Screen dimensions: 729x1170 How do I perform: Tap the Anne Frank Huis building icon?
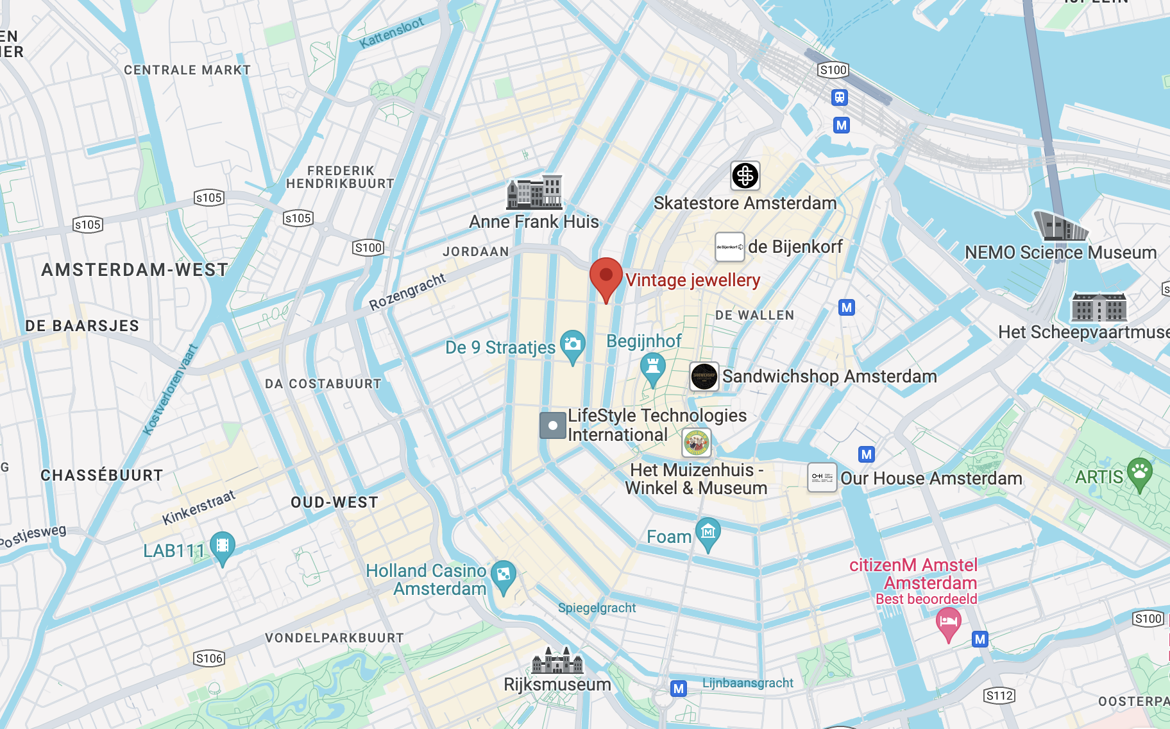(x=534, y=193)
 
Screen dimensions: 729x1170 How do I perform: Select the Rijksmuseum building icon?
(x=557, y=660)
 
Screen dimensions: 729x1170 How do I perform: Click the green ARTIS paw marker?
(x=1139, y=473)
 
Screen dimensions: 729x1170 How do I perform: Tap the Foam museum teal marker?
(x=708, y=533)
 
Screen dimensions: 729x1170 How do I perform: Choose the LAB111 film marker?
(x=222, y=547)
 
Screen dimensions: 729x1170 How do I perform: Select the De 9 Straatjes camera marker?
(x=572, y=345)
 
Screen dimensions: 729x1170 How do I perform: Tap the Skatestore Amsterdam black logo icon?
(x=745, y=176)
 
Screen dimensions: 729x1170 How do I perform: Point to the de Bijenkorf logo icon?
(x=729, y=247)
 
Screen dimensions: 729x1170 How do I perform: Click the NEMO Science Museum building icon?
(x=1060, y=226)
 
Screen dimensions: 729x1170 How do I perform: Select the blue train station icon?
(x=840, y=98)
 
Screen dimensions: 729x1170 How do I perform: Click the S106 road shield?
(x=209, y=658)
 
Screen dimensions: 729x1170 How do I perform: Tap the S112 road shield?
(x=999, y=696)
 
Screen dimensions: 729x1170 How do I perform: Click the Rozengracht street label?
(x=407, y=291)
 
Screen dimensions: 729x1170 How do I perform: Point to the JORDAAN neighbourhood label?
(x=475, y=252)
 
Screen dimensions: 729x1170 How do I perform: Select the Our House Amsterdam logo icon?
(x=822, y=477)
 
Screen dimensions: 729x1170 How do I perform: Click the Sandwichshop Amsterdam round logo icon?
(x=704, y=376)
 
